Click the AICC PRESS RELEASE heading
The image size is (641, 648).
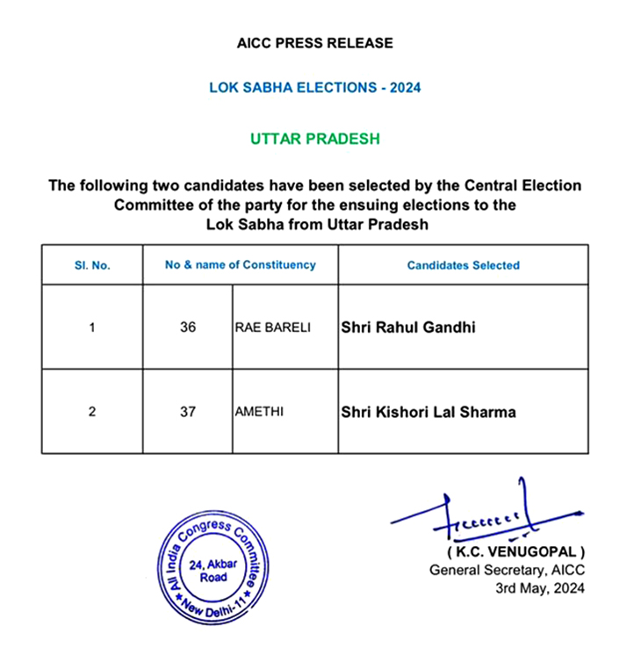click(314, 42)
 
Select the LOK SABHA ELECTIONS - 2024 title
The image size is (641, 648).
click(315, 88)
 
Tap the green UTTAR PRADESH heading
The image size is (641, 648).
click(315, 140)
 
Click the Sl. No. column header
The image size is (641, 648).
click(92, 265)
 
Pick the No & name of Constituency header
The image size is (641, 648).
click(241, 264)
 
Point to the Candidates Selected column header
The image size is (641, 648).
click(464, 265)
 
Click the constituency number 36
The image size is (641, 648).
click(187, 328)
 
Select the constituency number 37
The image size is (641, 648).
click(187, 412)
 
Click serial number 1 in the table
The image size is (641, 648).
click(92, 328)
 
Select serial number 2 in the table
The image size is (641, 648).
click(92, 412)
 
